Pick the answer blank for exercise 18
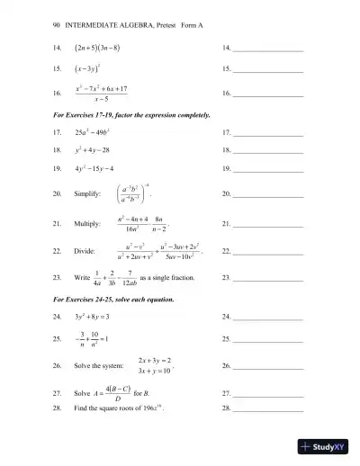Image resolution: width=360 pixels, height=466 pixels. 267,153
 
